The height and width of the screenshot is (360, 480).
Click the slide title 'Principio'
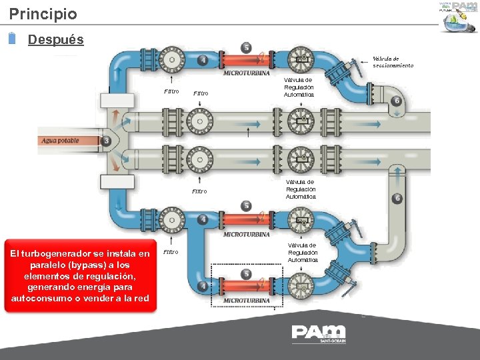[x=43, y=13]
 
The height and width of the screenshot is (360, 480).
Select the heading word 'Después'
[x=56, y=39]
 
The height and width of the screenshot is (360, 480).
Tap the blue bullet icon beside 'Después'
[x=13, y=39]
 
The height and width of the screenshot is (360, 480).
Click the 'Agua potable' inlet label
[x=61, y=141]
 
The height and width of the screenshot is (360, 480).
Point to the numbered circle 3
[x=107, y=141]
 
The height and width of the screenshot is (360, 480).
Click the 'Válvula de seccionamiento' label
[x=393, y=62]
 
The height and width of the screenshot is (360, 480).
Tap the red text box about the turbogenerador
[x=80, y=276]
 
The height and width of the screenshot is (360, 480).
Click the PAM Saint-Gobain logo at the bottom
[x=319, y=333]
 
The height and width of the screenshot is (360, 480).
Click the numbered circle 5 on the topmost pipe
[x=247, y=47]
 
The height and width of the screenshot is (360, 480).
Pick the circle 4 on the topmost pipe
[x=203, y=61]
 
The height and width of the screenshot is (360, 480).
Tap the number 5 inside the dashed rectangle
[x=247, y=274]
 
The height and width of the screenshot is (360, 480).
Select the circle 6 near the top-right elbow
[x=397, y=101]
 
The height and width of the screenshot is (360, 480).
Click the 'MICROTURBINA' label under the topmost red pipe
[x=246, y=72]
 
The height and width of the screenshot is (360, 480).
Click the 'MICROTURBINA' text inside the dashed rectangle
[x=246, y=301]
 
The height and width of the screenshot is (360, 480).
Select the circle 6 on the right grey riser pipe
[x=397, y=198]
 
